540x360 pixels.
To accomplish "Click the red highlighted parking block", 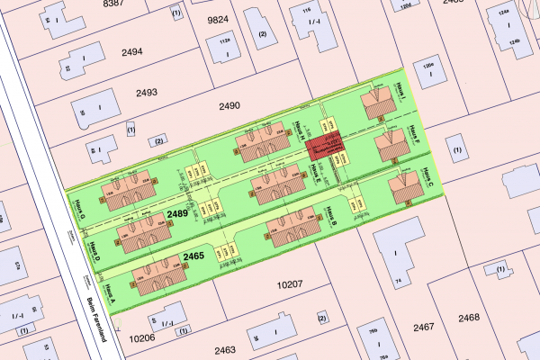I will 324,148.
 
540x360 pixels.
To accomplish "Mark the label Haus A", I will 109,293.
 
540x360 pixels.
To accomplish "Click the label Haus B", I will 331,216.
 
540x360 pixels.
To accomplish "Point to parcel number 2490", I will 229,106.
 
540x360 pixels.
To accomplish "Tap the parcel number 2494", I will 132,52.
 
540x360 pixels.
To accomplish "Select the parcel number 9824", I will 220,19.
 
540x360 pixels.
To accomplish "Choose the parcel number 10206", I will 142,338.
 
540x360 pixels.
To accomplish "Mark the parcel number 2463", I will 225,349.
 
